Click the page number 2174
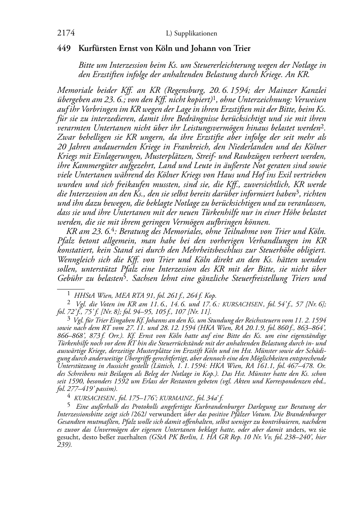tap(66, 33)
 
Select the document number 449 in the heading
tap(64, 48)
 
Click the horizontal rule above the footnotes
tap(71, 288)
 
